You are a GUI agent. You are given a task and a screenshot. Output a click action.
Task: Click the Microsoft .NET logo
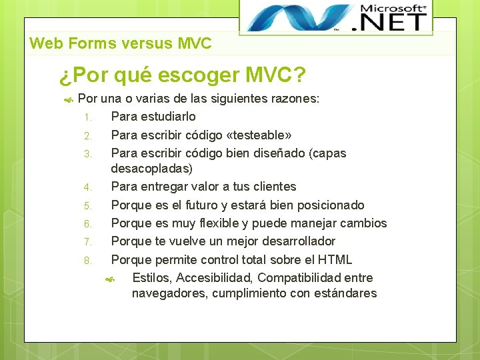click(x=336, y=17)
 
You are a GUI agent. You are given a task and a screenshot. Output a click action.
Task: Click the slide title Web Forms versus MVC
click(x=121, y=44)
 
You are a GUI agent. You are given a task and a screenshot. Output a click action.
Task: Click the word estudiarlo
click(x=167, y=117)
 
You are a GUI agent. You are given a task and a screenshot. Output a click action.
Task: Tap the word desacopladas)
click(x=151, y=168)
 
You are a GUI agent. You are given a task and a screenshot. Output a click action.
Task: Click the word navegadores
click(x=169, y=293)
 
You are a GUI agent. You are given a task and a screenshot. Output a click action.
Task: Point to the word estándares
click(x=342, y=293)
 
